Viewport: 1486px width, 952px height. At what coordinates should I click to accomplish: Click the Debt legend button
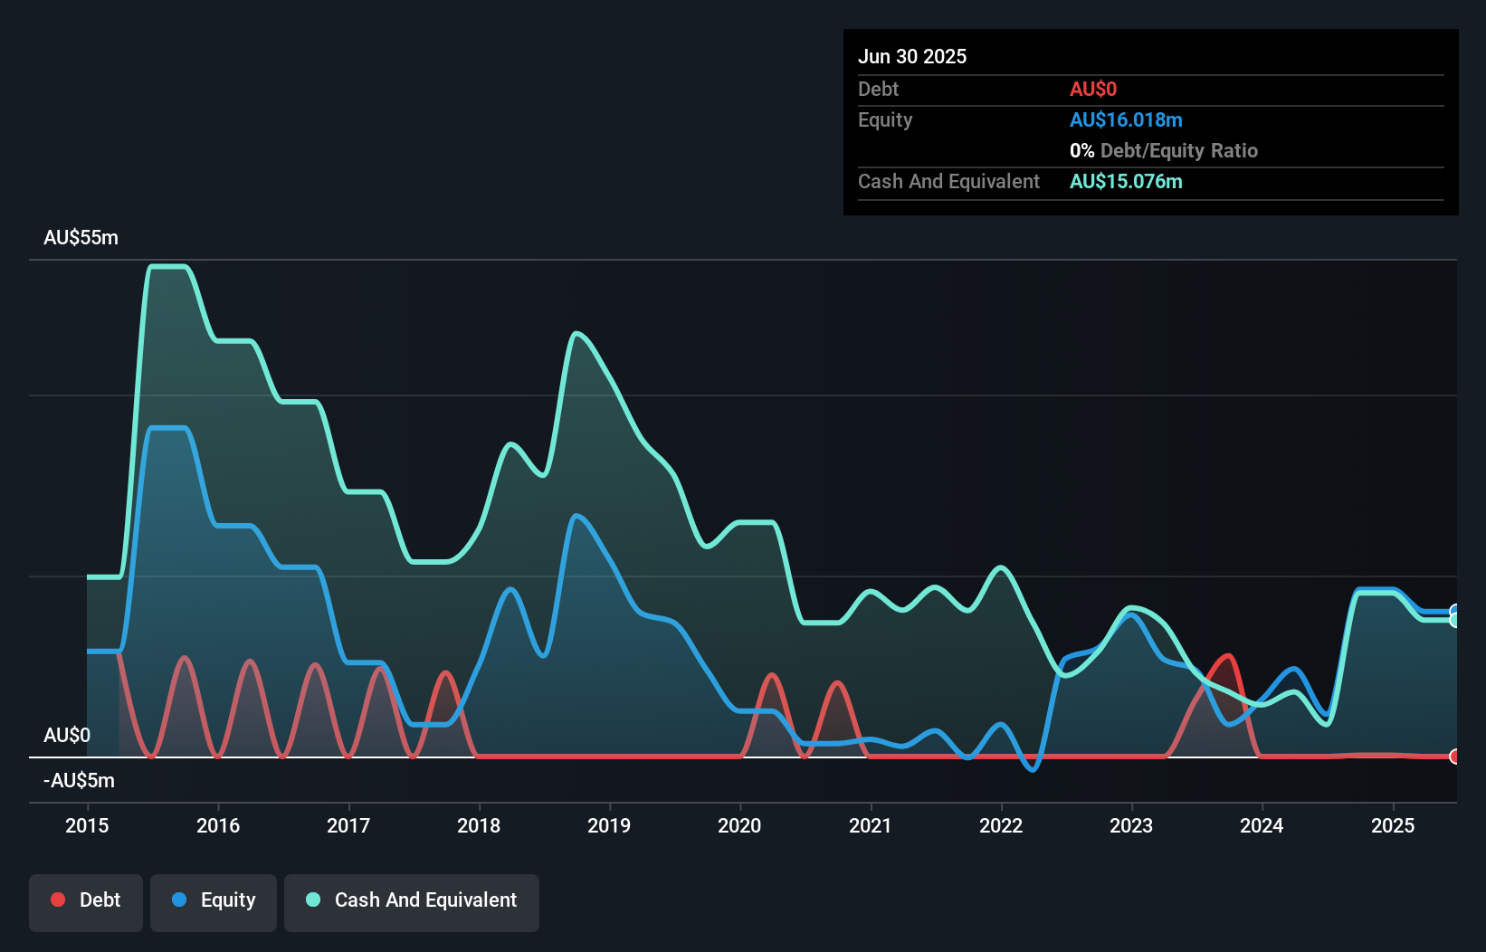pyautogui.click(x=86, y=901)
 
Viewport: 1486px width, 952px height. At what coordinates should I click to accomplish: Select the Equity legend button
pyautogui.click(x=214, y=901)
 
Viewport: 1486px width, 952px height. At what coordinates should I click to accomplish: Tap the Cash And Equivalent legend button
pyautogui.click(x=412, y=901)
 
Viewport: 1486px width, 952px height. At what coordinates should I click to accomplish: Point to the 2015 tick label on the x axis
pyautogui.click(x=87, y=825)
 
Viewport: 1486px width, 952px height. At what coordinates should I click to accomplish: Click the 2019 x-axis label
pyautogui.click(x=609, y=825)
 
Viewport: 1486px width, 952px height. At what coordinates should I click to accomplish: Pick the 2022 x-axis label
pyautogui.click(x=1001, y=825)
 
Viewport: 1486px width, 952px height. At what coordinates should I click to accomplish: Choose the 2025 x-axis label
pyautogui.click(x=1393, y=825)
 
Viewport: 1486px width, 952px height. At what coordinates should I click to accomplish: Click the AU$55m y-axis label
pyautogui.click(x=81, y=238)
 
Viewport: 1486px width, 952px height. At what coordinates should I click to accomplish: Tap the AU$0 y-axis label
pyautogui.click(x=67, y=735)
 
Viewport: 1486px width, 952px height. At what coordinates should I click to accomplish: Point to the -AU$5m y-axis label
pyautogui.click(x=79, y=780)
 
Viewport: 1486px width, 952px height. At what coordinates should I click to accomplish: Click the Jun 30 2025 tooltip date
pyautogui.click(x=912, y=56)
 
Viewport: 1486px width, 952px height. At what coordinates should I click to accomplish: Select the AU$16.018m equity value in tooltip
pyautogui.click(x=1126, y=120)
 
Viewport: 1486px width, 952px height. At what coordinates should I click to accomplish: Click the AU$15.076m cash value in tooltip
pyautogui.click(x=1126, y=182)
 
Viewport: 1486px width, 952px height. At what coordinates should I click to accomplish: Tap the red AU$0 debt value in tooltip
pyautogui.click(x=1093, y=90)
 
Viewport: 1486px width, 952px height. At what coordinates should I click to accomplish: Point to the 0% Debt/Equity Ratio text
pyautogui.click(x=1164, y=151)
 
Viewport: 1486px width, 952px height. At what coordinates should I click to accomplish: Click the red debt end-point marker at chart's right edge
pyautogui.click(x=1454, y=757)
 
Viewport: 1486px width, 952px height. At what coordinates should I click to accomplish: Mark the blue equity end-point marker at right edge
pyautogui.click(x=1454, y=610)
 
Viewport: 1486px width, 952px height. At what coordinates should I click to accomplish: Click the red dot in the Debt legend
pyautogui.click(x=58, y=900)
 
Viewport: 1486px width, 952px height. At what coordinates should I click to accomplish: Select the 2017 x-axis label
pyautogui.click(x=348, y=825)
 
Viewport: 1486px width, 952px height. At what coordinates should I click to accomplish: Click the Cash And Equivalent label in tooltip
pyautogui.click(x=948, y=182)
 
